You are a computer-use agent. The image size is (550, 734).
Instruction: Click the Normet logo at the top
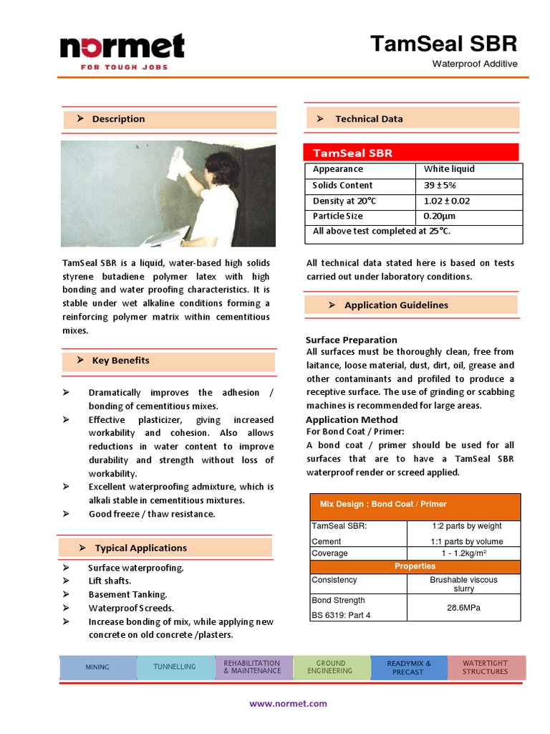[x=122, y=50]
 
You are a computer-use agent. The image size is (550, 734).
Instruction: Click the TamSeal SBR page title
[x=443, y=44]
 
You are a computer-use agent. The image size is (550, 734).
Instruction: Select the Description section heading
[x=118, y=119]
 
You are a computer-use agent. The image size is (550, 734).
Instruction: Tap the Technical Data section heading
[x=369, y=119]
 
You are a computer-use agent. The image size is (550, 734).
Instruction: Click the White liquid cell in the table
[x=449, y=169]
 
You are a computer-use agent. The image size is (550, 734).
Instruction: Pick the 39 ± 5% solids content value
[x=440, y=185]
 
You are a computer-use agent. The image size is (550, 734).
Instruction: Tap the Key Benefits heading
[x=120, y=361]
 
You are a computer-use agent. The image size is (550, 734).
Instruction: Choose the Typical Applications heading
[x=140, y=548]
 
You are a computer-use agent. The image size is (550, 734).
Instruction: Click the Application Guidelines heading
[x=396, y=305]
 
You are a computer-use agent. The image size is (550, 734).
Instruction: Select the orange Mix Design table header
[x=415, y=505]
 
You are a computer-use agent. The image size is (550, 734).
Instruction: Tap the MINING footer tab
[x=97, y=667]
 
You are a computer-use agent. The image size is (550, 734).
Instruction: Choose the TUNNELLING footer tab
[x=175, y=667]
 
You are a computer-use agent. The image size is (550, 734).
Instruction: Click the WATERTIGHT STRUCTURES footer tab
[x=485, y=667]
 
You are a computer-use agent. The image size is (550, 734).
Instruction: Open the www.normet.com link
[x=288, y=704]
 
